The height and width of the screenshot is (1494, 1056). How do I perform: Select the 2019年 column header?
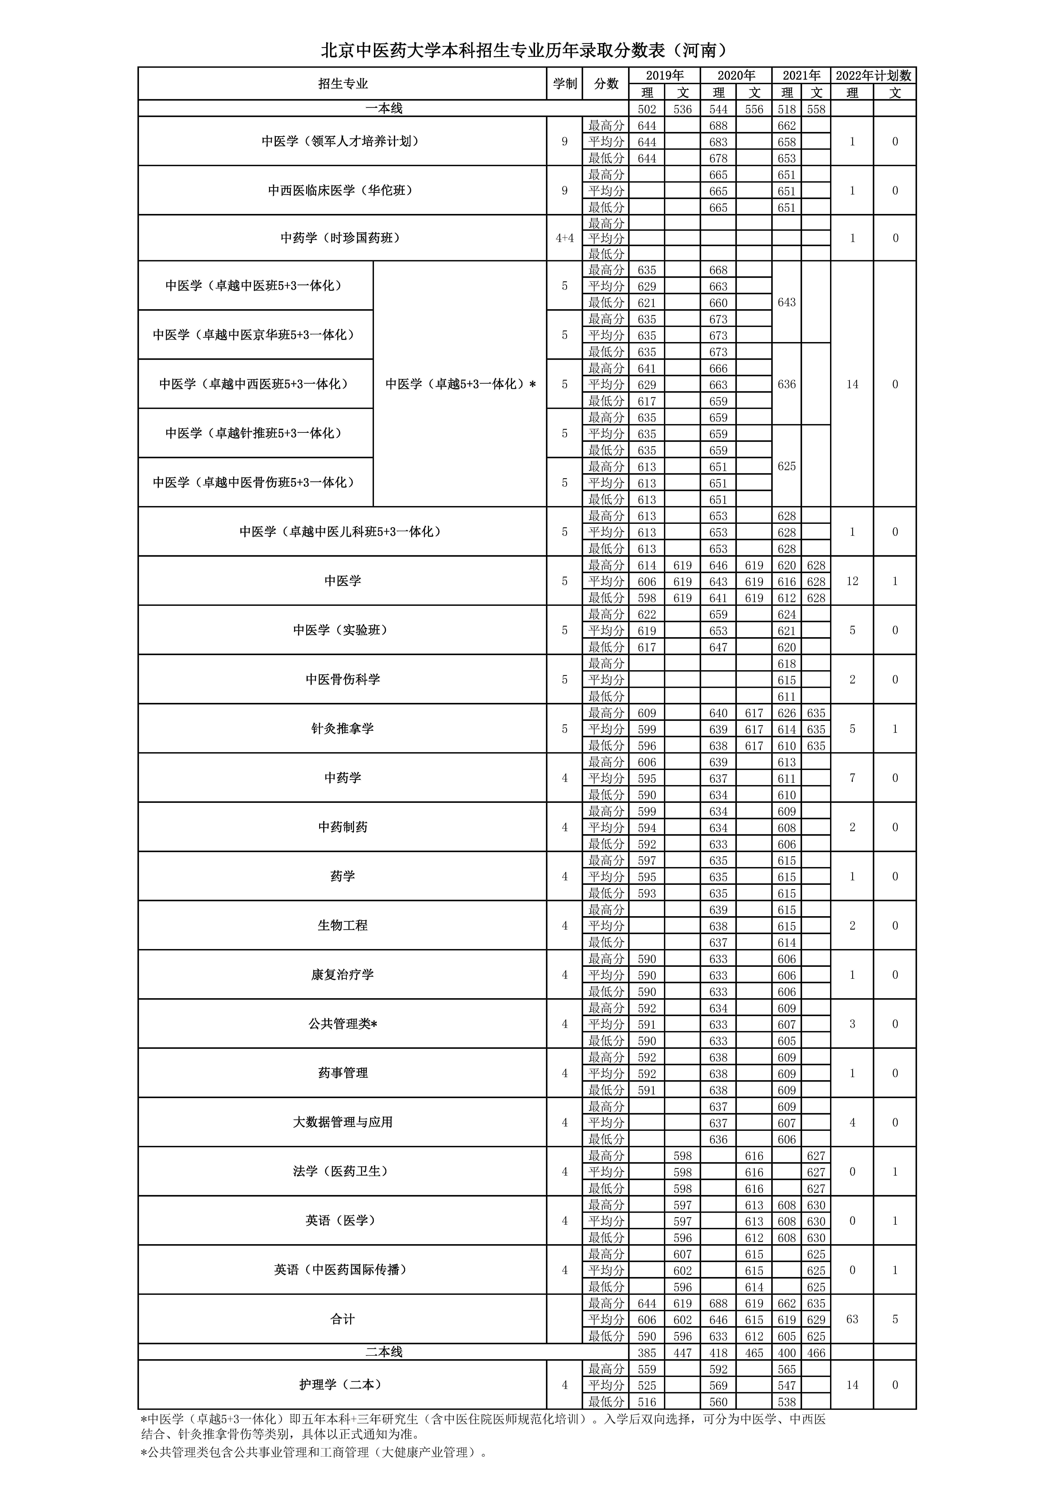(x=664, y=75)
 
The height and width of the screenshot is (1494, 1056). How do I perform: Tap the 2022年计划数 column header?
(x=873, y=75)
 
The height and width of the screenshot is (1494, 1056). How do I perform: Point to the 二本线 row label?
(x=384, y=1352)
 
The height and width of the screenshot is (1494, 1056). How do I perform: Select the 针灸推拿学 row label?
(x=342, y=729)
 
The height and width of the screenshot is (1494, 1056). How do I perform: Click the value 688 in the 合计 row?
(x=718, y=1303)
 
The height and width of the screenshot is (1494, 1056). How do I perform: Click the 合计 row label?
(x=342, y=1320)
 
